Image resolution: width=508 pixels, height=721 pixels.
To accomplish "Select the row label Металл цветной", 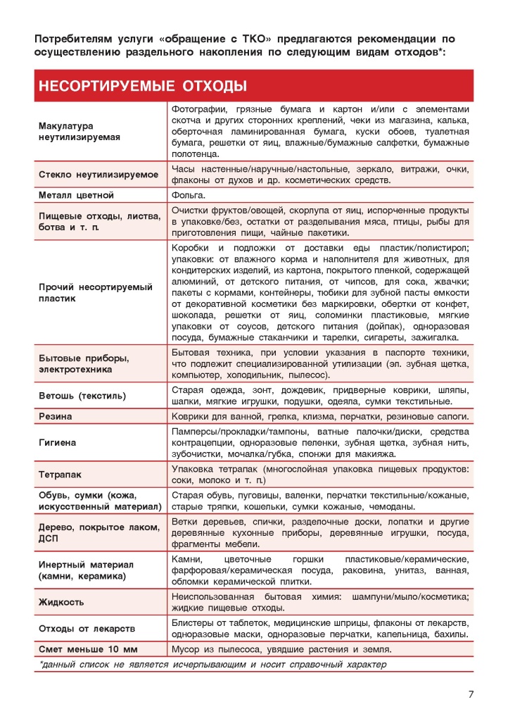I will pyautogui.click(x=76, y=195).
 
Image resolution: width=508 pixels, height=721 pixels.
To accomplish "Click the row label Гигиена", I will pyautogui.click(x=57, y=443).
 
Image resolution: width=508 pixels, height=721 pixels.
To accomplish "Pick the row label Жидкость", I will pyautogui.click(x=61, y=602).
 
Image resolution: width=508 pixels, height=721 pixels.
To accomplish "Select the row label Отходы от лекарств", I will pyautogui.click(x=87, y=628).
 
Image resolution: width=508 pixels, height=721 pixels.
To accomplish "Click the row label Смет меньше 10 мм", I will pyautogui.click(x=89, y=649).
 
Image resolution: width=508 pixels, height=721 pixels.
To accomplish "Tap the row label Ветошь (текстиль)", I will pyautogui.click(x=82, y=396).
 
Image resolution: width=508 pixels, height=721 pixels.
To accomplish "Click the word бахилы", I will pyautogui.click(x=452, y=634).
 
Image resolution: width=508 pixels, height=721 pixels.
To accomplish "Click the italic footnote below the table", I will pyautogui.click(x=212, y=665).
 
